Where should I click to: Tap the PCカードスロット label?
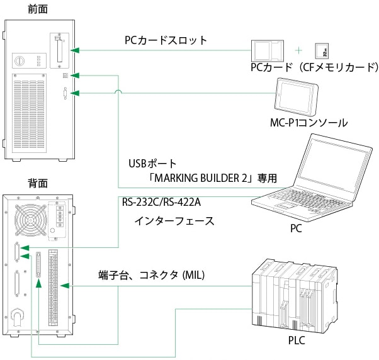pyautogui.click(x=166, y=41)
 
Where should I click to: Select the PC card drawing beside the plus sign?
pyautogui.click(x=269, y=50)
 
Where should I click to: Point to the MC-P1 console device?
pyautogui.click(x=297, y=95)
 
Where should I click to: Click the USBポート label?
pyautogui.click(x=150, y=164)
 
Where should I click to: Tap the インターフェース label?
pyautogui.click(x=174, y=221)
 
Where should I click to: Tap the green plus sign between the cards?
pyautogui.click(x=299, y=49)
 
